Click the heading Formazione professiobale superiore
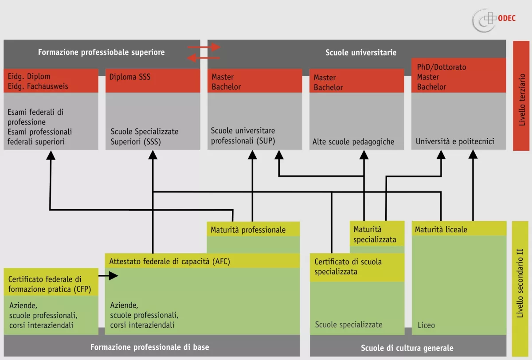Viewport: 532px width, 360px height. (x=101, y=52)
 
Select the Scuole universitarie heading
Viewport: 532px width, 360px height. (x=361, y=52)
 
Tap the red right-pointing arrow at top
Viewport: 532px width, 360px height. (x=204, y=47)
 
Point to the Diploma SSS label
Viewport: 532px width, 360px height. (x=130, y=77)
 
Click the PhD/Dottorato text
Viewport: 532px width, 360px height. (x=442, y=67)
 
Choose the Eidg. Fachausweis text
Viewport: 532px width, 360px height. (x=38, y=86)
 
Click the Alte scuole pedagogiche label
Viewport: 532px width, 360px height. (x=353, y=142)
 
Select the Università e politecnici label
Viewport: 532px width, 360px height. (x=455, y=142)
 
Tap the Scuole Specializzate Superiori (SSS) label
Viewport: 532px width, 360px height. (x=145, y=137)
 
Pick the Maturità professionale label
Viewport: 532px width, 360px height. (x=248, y=230)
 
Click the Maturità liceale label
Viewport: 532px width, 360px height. (x=441, y=230)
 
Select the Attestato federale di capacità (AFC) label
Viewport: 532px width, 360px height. (x=170, y=261)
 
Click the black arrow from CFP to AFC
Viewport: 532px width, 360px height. (x=108, y=276)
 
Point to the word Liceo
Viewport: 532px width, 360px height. (x=426, y=325)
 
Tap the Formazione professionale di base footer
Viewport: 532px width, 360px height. (x=149, y=347)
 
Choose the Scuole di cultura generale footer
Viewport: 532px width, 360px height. (x=407, y=348)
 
